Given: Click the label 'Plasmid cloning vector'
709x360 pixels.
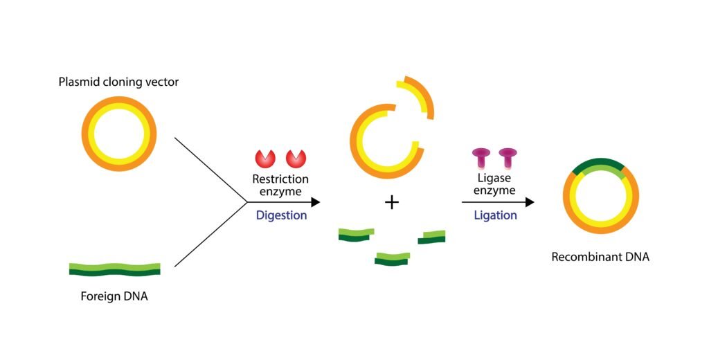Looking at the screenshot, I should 118,82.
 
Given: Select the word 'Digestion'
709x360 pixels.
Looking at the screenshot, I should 281,215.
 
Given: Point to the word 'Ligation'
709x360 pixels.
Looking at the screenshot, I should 495,215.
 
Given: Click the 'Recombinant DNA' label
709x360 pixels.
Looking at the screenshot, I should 600,257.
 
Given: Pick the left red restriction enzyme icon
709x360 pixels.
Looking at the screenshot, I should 266,159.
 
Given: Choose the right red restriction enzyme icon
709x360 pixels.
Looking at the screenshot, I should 296,159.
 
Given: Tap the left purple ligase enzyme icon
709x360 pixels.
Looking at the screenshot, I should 481,159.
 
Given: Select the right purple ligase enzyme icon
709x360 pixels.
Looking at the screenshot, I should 509,159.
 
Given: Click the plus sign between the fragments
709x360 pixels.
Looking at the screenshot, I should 392,202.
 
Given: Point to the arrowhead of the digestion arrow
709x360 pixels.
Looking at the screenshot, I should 315,202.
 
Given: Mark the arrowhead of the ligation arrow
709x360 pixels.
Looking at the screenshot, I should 530,202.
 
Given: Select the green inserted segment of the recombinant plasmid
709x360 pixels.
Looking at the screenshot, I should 600,166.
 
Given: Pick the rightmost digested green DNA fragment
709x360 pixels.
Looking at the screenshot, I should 431,237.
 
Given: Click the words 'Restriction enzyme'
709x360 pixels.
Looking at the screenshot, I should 280,185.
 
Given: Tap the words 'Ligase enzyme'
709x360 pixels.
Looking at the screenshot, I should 495,185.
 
